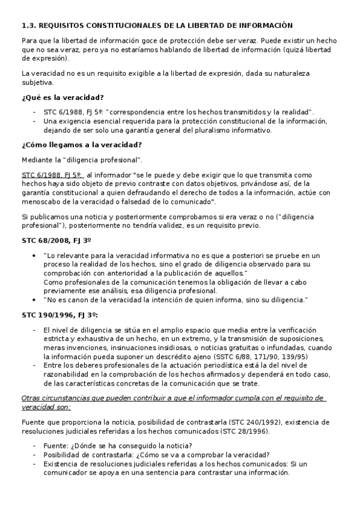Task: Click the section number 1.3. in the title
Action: (29, 26)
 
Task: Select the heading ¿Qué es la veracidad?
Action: (63, 97)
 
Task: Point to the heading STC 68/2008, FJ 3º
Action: (56, 241)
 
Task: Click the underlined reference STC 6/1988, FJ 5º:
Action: (55, 174)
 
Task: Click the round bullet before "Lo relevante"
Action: (38, 255)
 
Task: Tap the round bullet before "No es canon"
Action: (38, 300)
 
